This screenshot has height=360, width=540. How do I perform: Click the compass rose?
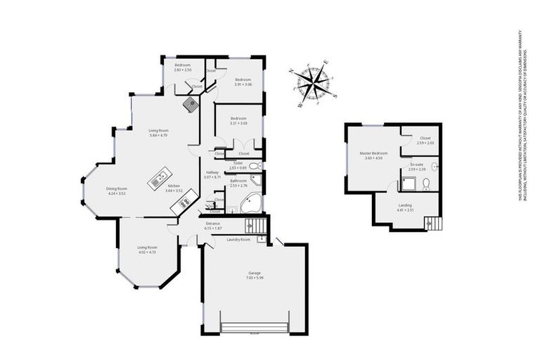[x=314, y=85]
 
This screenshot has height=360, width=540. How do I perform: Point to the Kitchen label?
[x=174, y=188]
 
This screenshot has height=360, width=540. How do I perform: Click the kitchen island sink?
[x=157, y=178]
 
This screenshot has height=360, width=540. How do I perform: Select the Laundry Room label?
[x=238, y=240]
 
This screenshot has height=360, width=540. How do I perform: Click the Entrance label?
[x=213, y=226]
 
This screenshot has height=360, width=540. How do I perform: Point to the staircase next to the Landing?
[x=435, y=223]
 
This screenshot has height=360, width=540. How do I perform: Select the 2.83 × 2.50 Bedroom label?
[x=183, y=67]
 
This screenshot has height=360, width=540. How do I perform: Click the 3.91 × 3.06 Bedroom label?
[x=243, y=81]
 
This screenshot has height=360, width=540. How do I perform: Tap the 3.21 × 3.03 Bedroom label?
[x=238, y=120]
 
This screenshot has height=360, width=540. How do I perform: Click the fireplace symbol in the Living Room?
[x=191, y=105]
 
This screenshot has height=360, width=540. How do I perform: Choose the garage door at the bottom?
[x=254, y=328]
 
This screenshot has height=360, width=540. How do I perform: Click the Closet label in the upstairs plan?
[x=425, y=140]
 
